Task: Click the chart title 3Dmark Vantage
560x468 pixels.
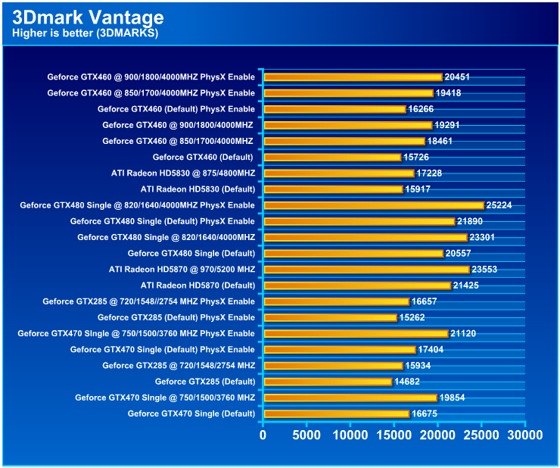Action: coord(88,17)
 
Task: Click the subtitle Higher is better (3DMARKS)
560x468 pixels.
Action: coord(85,33)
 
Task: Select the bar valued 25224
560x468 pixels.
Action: coord(373,205)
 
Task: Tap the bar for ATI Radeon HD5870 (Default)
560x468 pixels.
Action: coord(357,285)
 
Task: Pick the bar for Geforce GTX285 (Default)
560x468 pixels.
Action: coord(328,382)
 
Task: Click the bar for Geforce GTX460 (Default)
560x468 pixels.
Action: coord(332,158)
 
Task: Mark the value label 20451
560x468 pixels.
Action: coord(459,77)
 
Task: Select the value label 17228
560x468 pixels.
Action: coord(431,173)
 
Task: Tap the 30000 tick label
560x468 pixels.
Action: coord(524,435)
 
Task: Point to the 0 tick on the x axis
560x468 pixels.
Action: coord(263,435)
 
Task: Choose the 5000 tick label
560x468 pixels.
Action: coord(306,435)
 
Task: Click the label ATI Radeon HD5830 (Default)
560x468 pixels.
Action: coord(198,189)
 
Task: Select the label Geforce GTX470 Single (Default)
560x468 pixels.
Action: coord(191,413)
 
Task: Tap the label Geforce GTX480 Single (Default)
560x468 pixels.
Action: coord(191,253)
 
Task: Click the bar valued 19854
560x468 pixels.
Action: coord(350,398)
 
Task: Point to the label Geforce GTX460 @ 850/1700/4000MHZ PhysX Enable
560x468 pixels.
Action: coord(151,93)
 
